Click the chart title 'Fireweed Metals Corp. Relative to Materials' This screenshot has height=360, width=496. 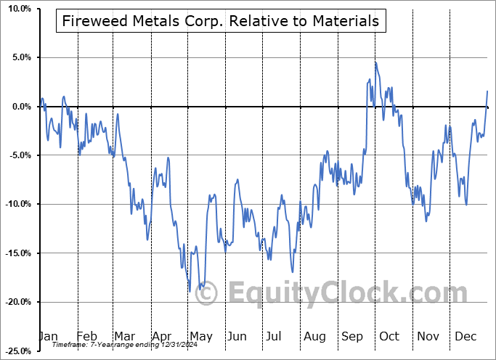click(221, 21)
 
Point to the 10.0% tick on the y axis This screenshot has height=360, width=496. click(17, 9)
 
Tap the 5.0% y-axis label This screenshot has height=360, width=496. click(19, 57)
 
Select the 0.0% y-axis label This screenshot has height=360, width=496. click(19, 107)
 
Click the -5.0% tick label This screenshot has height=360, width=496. click(17, 155)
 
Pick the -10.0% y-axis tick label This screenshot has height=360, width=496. click(15, 204)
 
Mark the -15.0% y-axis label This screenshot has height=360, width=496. click(15, 253)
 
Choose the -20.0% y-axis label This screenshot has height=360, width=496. click(15, 302)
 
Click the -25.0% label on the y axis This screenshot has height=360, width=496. click(15, 351)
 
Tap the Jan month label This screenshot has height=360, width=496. click(48, 336)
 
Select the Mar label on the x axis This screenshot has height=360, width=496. click(125, 336)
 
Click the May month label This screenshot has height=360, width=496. click(200, 336)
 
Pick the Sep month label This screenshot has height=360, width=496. click(352, 336)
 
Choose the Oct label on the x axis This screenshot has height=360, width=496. click(389, 336)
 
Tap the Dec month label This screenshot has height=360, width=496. click(466, 336)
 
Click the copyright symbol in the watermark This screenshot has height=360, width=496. click(207, 293)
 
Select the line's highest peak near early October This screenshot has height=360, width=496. click(375, 62)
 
